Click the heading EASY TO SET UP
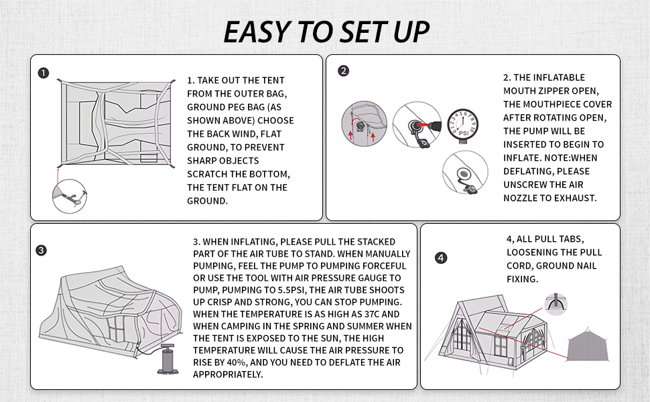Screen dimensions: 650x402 tap(326, 32)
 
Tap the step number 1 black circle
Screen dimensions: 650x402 tap(44, 73)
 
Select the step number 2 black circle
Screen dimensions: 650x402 tap(344, 71)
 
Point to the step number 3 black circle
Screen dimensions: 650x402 tap(42, 251)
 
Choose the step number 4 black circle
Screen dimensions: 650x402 tap(441, 258)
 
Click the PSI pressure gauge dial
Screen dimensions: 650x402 tap(463, 125)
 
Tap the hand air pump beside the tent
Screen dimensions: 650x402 tap(168, 358)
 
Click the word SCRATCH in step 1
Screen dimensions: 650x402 tap(206, 174)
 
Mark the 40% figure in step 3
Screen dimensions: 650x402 tap(237, 362)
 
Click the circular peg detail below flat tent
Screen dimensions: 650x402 tap(70, 196)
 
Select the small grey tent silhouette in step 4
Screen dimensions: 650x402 tap(588, 345)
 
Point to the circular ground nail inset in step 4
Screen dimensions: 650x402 tap(556, 304)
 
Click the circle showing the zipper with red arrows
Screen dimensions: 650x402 tap(364, 123)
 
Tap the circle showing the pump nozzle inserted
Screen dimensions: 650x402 tap(417, 125)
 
